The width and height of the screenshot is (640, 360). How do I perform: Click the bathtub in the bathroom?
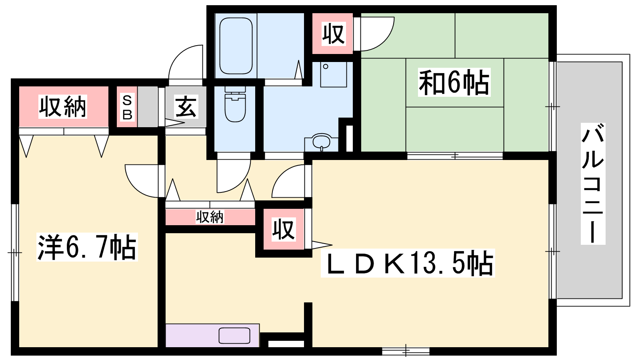pyautogui.click(x=236, y=46)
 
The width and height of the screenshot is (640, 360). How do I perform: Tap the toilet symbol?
pyautogui.click(x=235, y=104)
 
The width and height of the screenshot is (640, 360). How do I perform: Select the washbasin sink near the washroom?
pyautogui.click(x=322, y=142)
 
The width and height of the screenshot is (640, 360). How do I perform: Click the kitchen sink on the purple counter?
pyautogui.click(x=234, y=336)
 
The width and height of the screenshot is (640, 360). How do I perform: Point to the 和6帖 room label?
pyautogui.click(x=454, y=82)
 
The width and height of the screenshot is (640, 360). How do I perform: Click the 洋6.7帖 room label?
pyautogui.click(x=87, y=247)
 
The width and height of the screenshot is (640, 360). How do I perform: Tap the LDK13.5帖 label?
pyautogui.click(x=408, y=263)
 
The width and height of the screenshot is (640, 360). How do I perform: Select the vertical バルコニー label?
pyautogui.click(x=593, y=184)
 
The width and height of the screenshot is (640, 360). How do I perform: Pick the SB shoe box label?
pyautogui.click(x=127, y=108)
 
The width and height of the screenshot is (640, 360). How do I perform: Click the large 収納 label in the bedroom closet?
pyautogui.click(x=62, y=107)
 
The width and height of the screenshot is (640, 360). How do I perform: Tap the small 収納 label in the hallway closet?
pyautogui.click(x=210, y=217)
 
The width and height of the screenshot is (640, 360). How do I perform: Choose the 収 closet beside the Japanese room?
pyautogui.click(x=334, y=34)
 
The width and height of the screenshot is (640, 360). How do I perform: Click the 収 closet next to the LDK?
pyautogui.click(x=284, y=229)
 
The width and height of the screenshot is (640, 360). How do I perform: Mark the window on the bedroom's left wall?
pyautogui.click(x=15, y=252)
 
